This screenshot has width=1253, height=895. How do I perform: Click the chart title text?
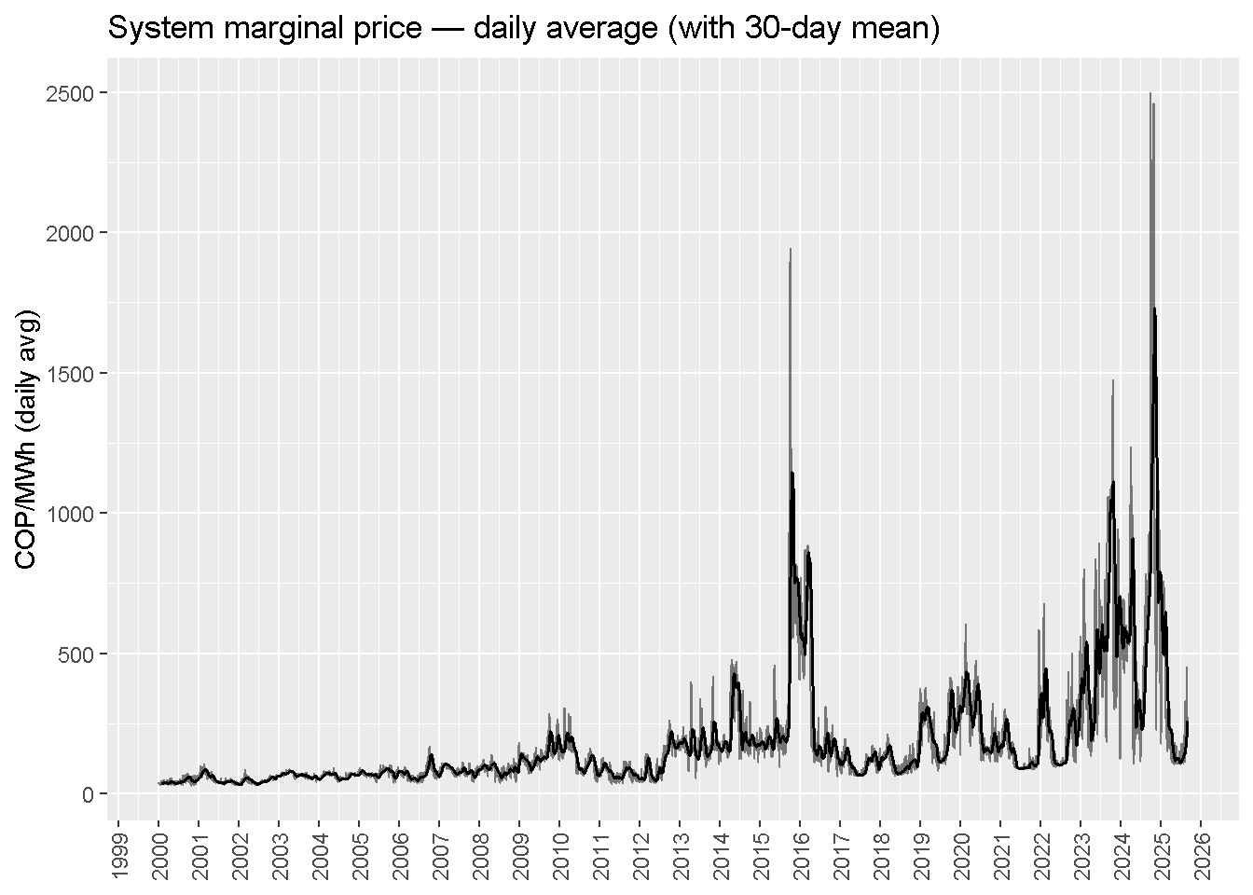coord(523,28)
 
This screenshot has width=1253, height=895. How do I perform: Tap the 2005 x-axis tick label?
coord(359,854)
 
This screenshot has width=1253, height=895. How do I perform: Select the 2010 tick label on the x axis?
coord(559,854)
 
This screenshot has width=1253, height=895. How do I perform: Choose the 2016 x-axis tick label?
coord(800,854)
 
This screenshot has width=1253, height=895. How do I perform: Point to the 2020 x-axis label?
coord(960,854)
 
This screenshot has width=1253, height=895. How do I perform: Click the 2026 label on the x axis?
coord(1201,854)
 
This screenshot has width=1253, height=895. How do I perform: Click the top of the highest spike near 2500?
coord(1150,93)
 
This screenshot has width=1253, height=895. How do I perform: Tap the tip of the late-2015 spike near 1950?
coord(791,249)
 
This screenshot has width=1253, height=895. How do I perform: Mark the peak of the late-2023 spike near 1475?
coord(1112,380)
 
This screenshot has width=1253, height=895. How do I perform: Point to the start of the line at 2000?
coord(159,783)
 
